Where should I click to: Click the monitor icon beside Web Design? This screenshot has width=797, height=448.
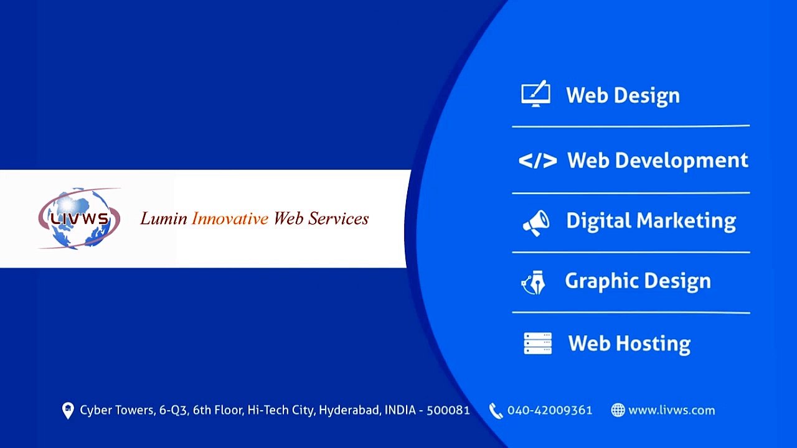coord(535,94)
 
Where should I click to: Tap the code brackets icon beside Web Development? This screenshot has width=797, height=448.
coord(537,161)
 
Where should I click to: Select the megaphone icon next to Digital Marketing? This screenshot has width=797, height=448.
coord(535,222)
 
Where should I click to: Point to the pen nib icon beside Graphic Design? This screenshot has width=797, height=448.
coord(534,282)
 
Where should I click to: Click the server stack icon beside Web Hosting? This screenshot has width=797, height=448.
coord(537,343)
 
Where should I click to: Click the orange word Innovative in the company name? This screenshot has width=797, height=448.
coord(230,218)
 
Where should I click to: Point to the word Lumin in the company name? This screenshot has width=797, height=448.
coord(163,218)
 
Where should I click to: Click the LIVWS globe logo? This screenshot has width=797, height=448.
coord(80,218)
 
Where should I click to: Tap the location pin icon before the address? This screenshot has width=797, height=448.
coord(68,411)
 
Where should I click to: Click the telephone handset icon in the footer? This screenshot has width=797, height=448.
coord(496,411)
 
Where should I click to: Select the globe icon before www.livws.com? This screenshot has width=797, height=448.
coord(618,410)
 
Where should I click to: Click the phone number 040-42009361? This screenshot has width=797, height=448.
coord(550,410)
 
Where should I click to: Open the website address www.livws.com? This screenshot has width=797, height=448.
coord(671,410)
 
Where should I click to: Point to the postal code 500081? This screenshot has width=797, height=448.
coord(448,410)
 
